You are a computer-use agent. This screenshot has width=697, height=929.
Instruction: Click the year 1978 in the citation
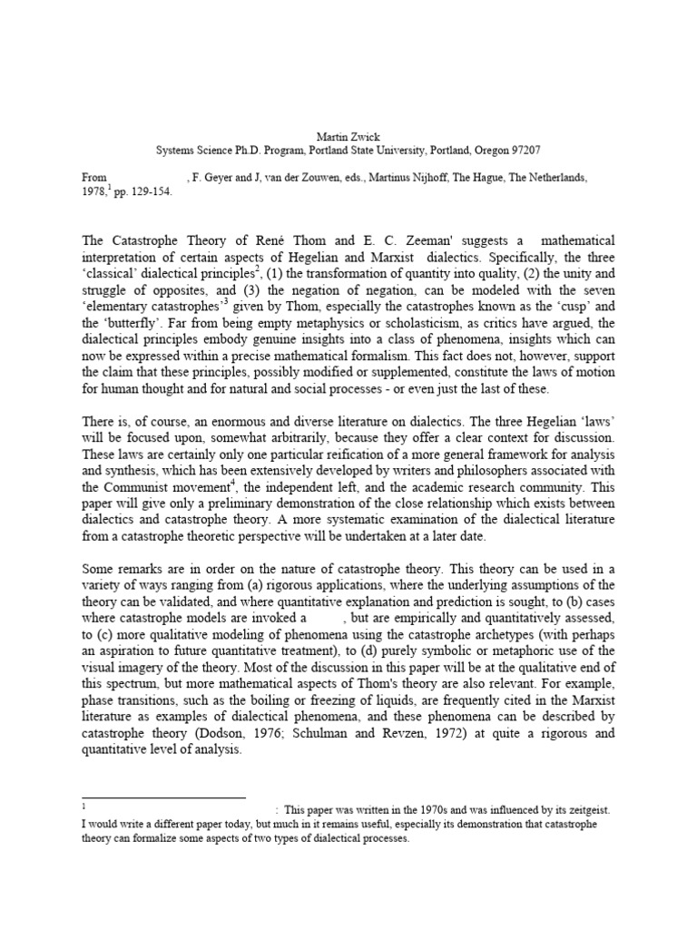(x=94, y=192)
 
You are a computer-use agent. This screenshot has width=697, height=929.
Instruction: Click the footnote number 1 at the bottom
(x=83, y=805)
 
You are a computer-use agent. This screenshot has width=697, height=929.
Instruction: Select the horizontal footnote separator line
(x=163, y=797)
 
